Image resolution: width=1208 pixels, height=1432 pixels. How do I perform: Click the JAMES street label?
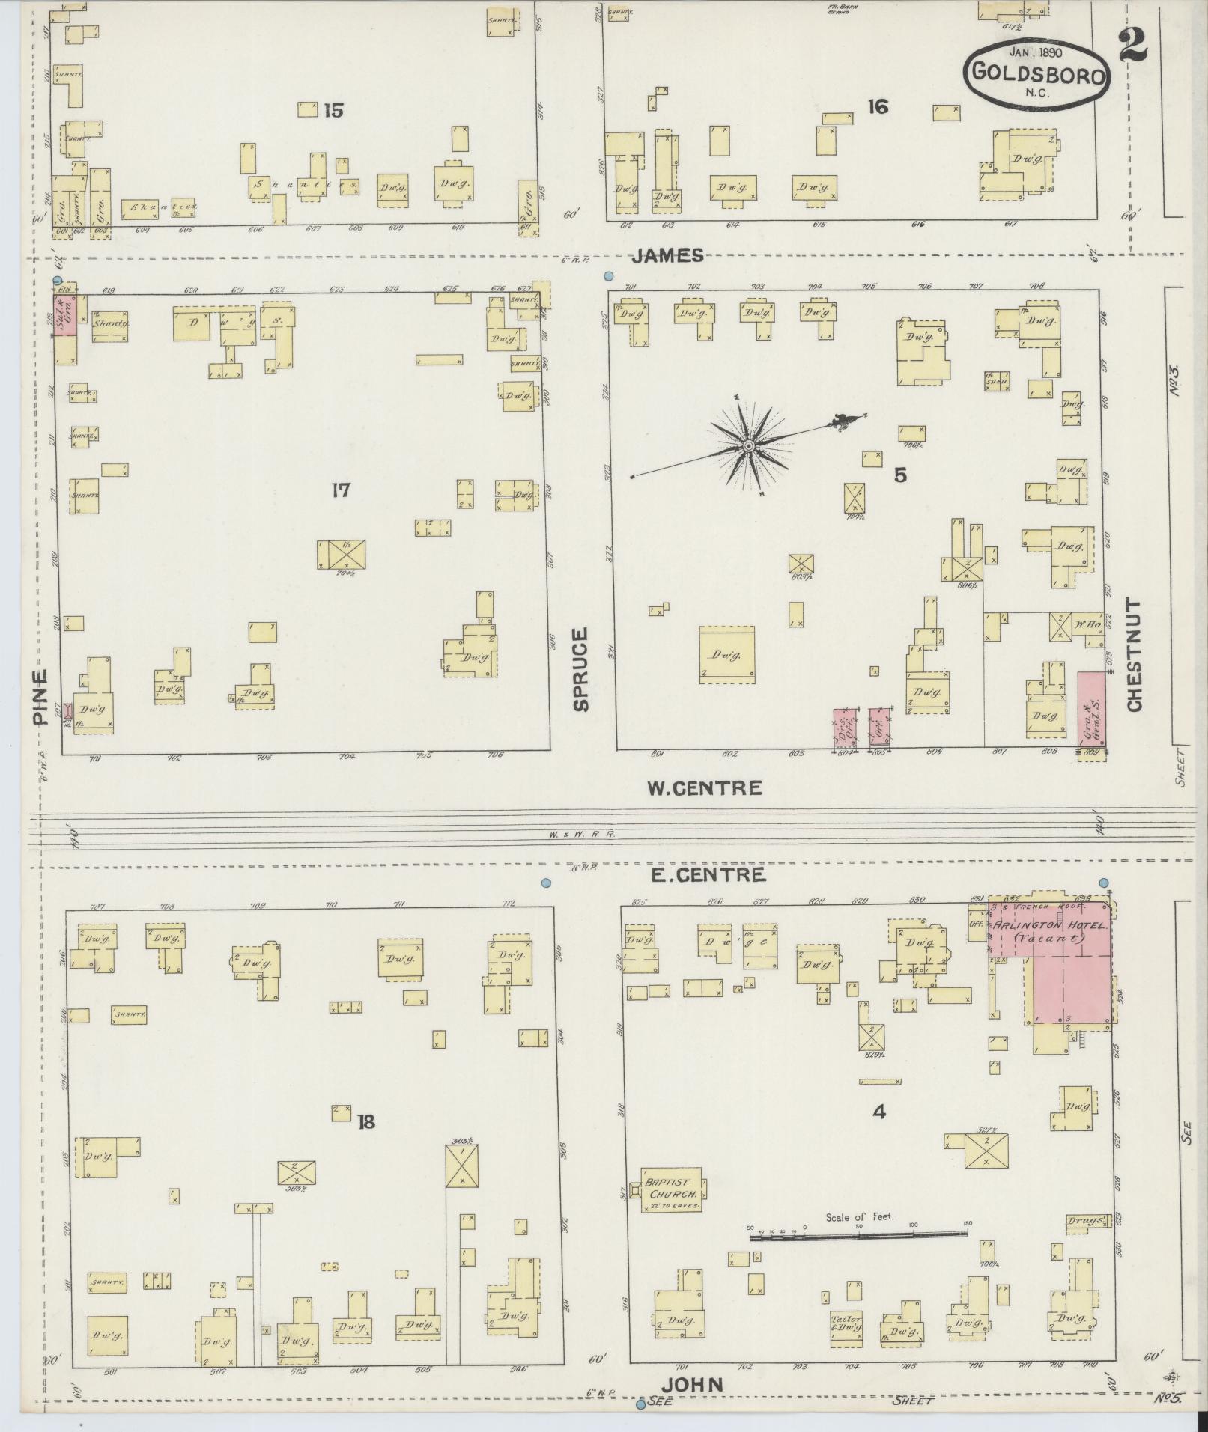tap(667, 256)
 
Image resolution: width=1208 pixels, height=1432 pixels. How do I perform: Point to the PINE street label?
tap(41, 695)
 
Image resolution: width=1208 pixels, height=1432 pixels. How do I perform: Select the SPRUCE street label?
tap(580, 668)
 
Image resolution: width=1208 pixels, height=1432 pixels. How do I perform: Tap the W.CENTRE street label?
tap(704, 787)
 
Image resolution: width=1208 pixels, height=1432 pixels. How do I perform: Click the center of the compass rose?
tap(747, 447)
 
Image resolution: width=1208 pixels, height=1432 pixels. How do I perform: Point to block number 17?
tap(341, 490)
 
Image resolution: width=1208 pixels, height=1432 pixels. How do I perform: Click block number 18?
tap(365, 1121)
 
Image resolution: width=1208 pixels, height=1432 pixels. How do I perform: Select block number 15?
tap(333, 111)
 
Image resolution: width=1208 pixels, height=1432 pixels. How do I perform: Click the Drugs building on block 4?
tap(1087, 1221)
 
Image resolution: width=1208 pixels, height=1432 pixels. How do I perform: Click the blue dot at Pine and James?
tap(58, 281)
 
